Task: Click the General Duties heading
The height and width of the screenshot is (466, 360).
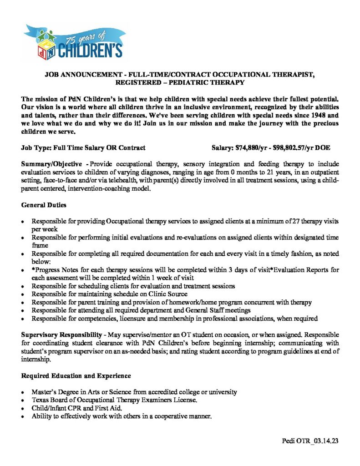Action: pos(44,205)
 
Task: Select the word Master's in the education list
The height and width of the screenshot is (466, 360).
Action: pos(44,392)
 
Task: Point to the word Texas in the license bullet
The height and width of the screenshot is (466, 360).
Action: pos(40,400)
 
